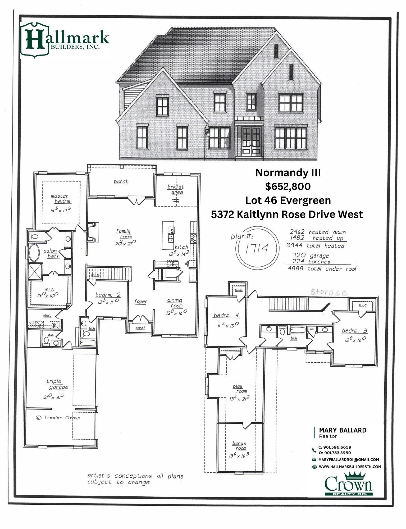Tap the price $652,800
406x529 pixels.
click(288, 187)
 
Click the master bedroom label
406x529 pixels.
click(60, 199)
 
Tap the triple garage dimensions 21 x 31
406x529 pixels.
click(54, 397)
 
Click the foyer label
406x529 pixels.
click(140, 302)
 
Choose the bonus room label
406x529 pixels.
click(239, 446)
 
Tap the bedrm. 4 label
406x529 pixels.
click(226, 315)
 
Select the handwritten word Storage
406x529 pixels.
click(329, 293)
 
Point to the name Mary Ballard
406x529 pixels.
click(343, 430)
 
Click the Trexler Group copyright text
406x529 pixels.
click(58, 418)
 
